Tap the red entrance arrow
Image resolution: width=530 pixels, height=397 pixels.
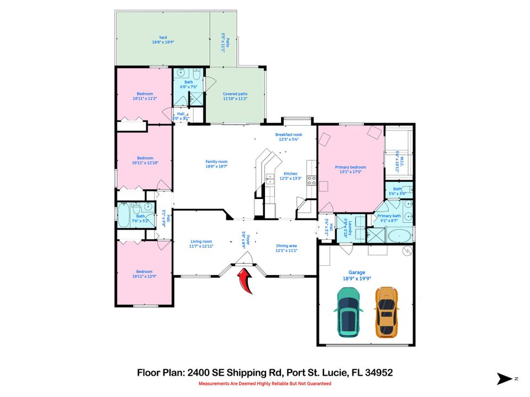tap(245, 279)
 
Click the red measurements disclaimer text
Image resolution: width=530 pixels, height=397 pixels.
tap(264, 383)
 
